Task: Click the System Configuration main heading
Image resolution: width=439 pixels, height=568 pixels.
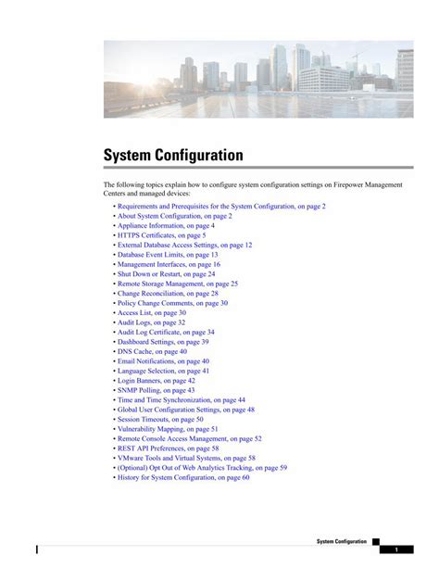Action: pos(172,155)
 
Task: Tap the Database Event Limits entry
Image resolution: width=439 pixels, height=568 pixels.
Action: pos(168,255)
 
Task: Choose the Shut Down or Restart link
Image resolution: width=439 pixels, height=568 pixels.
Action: pos(166,274)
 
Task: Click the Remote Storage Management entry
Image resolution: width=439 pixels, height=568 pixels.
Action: pos(178,284)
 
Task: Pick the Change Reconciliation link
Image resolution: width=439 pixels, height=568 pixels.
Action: pos(168,294)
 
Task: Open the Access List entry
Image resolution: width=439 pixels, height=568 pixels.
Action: pos(151,313)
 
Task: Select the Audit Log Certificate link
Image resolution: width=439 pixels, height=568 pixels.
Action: pos(166,332)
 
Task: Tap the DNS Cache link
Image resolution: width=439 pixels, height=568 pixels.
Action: pos(152,351)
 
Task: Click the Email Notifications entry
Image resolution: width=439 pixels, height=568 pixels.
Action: pos(163,361)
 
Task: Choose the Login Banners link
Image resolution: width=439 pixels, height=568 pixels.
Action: pos(156,381)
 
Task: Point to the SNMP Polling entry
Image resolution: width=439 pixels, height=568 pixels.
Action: pos(156,390)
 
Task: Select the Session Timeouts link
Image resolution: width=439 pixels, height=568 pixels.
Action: pos(160,419)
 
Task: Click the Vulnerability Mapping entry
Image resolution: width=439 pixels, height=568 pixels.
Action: pos(168,429)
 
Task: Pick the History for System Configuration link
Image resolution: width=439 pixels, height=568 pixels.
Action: pos(183,477)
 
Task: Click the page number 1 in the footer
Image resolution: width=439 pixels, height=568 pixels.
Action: pos(396,550)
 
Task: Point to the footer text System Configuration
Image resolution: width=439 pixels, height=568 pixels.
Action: pos(341,541)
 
